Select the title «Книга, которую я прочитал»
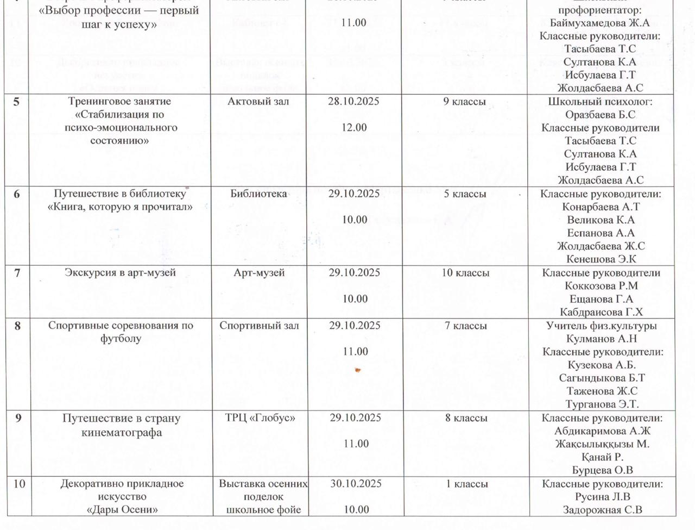(120, 207)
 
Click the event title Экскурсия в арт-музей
(120, 272)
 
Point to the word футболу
(120, 339)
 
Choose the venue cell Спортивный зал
(259, 326)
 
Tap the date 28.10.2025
(353, 101)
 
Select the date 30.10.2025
(356, 483)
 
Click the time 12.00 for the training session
(354, 127)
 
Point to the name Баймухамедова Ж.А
(599, 23)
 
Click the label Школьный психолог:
(600, 101)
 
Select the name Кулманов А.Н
(601, 339)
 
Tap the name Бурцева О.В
(602, 470)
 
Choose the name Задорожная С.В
(602, 509)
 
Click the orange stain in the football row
(357, 370)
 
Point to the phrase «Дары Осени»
(122, 509)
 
